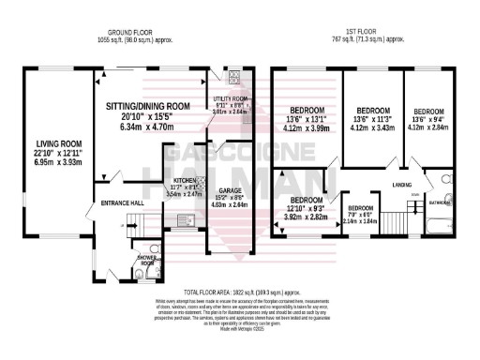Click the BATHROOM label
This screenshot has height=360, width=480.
click(440, 202)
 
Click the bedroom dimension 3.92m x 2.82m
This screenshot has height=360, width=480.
click(306, 217)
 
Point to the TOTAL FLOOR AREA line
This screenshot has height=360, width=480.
click(239, 293)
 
